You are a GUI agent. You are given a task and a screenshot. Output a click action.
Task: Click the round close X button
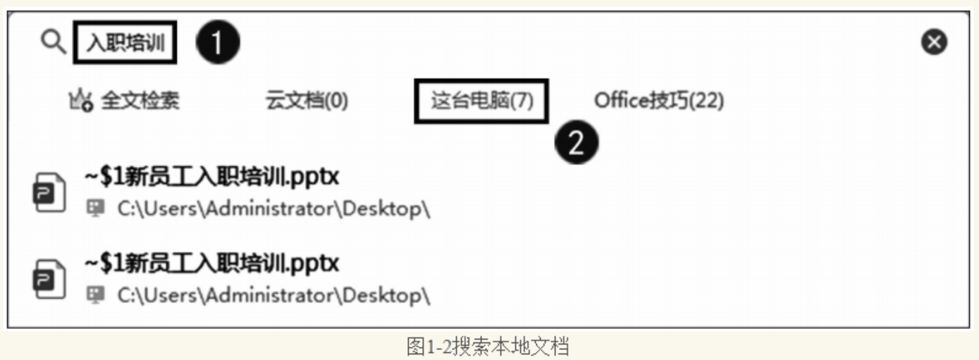pos(935,44)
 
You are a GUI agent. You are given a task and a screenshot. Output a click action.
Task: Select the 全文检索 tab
pos(140,101)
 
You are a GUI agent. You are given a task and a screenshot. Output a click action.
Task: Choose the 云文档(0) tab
pos(307,101)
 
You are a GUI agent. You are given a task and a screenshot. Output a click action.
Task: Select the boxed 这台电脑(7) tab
pos(482,101)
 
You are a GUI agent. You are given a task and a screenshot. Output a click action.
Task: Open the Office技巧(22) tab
pos(659,101)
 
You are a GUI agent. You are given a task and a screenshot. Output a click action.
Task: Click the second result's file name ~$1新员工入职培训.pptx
pos(211,263)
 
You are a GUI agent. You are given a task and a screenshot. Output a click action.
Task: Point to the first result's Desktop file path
pos(273,209)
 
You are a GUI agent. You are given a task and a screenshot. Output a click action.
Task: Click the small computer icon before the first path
pos(95,209)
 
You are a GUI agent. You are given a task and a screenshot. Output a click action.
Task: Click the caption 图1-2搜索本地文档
pos(488,346)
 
